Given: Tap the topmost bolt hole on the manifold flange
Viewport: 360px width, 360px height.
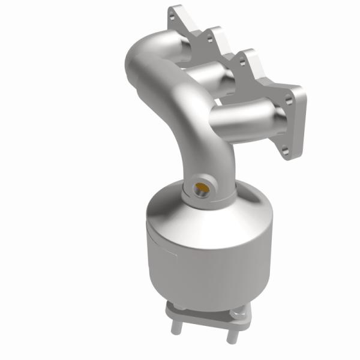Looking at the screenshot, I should (x=179, y=13).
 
